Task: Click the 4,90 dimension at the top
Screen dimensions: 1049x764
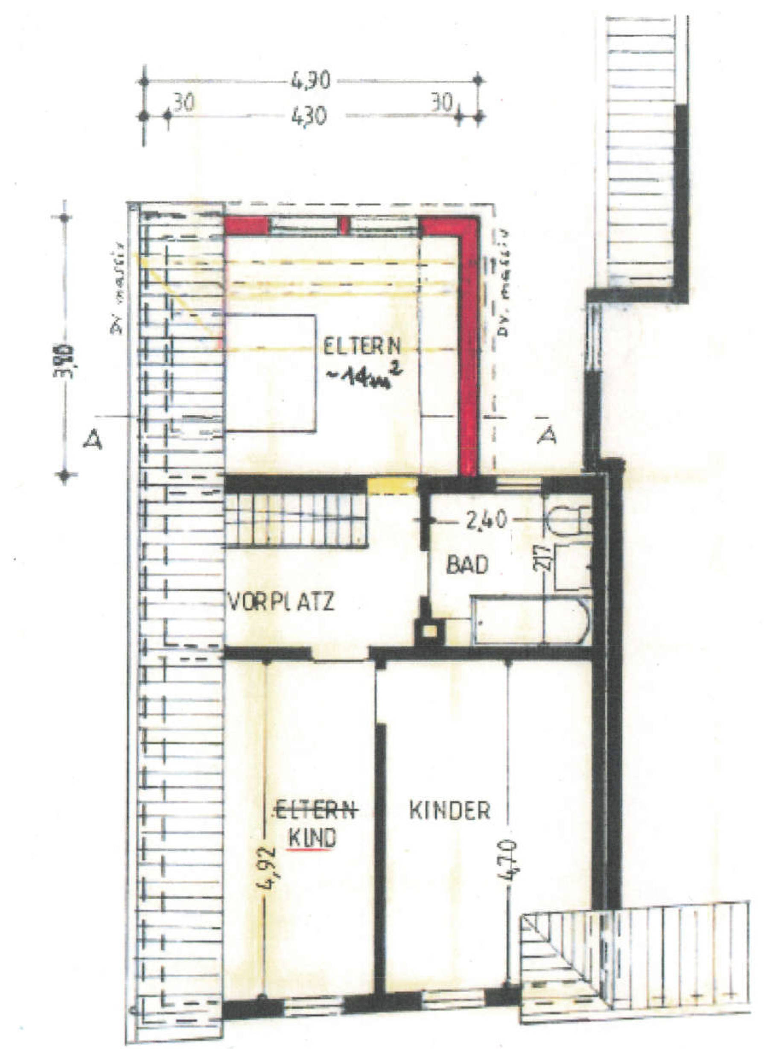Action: tap(310, 82)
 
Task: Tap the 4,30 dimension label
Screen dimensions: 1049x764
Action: tap(309, 117)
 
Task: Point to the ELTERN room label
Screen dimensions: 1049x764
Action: tap(362, 347)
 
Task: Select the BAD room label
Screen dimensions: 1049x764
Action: tap(467, 565)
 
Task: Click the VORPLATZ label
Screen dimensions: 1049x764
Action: tap(281, 602)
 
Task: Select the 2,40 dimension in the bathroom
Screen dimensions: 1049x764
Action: tap(485, 521)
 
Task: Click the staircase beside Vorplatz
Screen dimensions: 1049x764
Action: tap(296, 520)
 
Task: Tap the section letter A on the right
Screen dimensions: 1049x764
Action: tap(547, 435)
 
